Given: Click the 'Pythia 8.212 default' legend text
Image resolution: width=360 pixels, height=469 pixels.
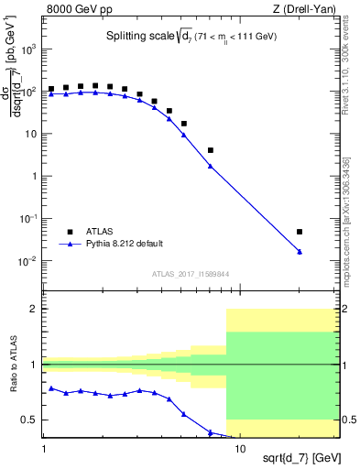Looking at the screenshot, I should [x=126, y=245].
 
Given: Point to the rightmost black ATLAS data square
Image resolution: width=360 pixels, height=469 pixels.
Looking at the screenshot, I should [x=300, y=232].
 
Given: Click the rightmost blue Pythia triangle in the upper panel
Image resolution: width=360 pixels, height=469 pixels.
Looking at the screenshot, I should [x=300, y=252].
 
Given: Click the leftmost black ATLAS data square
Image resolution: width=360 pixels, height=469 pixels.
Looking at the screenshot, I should [x=51, y=90].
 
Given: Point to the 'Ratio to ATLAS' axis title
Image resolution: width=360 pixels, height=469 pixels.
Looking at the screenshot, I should [x=14, y=365].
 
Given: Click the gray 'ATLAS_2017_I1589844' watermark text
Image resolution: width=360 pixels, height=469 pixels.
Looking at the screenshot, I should [x=191, y=274].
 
